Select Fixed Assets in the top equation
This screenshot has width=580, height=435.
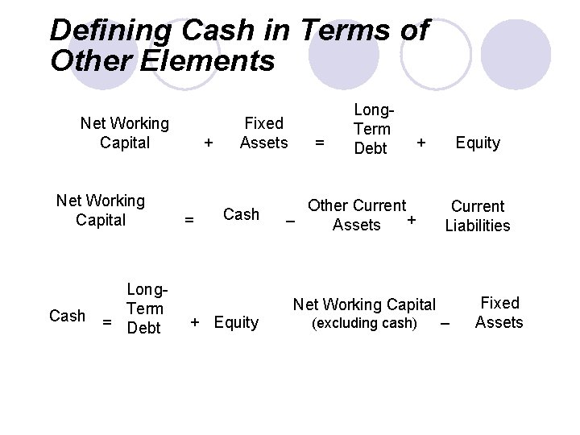point(263,133)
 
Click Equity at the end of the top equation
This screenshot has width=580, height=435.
point(478,143)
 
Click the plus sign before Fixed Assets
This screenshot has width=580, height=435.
point(209,143)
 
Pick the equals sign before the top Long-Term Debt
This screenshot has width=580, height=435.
point(320,143)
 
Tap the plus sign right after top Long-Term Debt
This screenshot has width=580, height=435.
point(420,143)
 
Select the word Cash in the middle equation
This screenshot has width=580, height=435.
point(241,214)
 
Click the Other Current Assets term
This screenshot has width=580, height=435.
point(357,215)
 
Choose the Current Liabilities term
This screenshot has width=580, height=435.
point(478,216)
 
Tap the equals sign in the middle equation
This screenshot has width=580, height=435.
point(189,219)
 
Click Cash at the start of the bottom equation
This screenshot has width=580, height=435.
point(67,316)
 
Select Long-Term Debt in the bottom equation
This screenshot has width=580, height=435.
point(145,309)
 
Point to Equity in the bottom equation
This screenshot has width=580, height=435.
point(236,323)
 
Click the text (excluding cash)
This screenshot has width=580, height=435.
point(364,323)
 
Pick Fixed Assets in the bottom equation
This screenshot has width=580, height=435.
point(499,313)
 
